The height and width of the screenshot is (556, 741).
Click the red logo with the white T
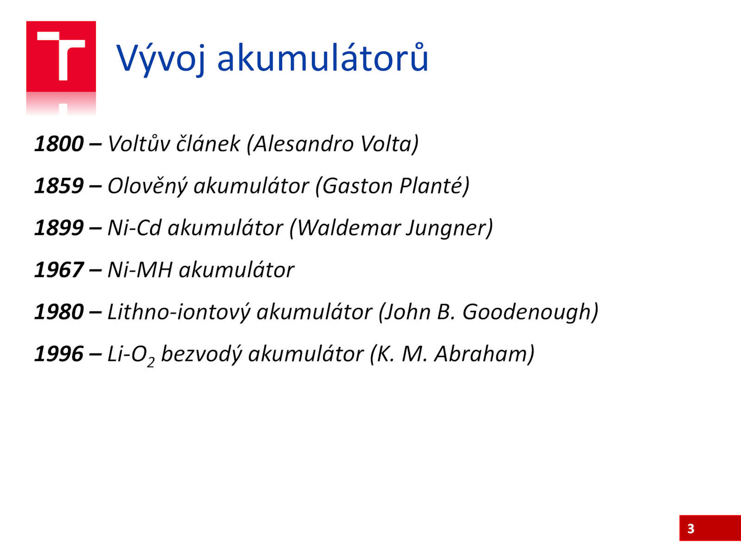point(61,57)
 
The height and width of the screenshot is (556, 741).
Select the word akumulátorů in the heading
point(323,57)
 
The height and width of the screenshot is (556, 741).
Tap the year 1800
point(59,144)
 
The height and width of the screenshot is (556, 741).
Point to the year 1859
point(59,186)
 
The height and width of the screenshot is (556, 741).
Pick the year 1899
point(59,228)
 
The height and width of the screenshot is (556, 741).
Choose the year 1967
point(59,270)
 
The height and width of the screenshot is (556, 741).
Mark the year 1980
point(59,311)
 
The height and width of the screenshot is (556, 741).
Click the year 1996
point(59,354)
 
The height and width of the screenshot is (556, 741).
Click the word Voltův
point(139,143)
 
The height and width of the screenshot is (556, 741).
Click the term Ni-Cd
point(134,228)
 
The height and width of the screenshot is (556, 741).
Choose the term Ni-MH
point(140,270)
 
